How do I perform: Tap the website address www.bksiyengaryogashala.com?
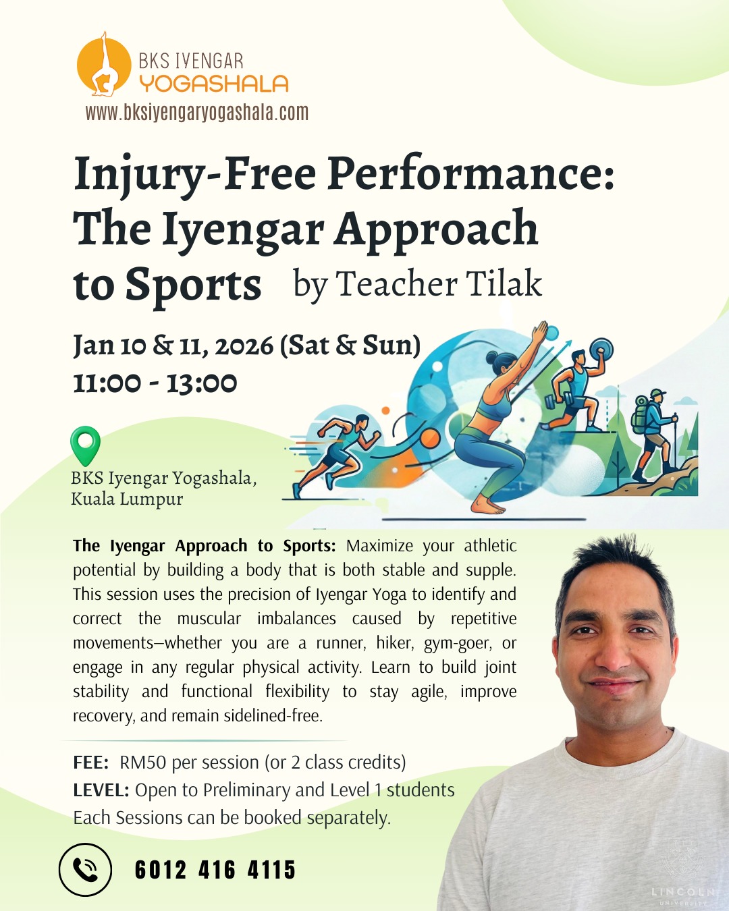click(x=196, y=113)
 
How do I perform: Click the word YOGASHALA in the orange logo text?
click(x=213, y=84)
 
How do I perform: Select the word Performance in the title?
click(x=470, y=174)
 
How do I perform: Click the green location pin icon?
click(x=85, y=445)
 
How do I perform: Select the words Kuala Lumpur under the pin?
click(x=127, y=499)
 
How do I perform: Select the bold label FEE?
click(x=90, y=763)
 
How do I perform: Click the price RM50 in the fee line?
click(x=142, y=763)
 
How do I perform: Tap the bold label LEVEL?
click(x=101, y=790)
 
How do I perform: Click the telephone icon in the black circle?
click(x=85, y=870)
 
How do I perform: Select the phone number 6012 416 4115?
click(x=215, y=870)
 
